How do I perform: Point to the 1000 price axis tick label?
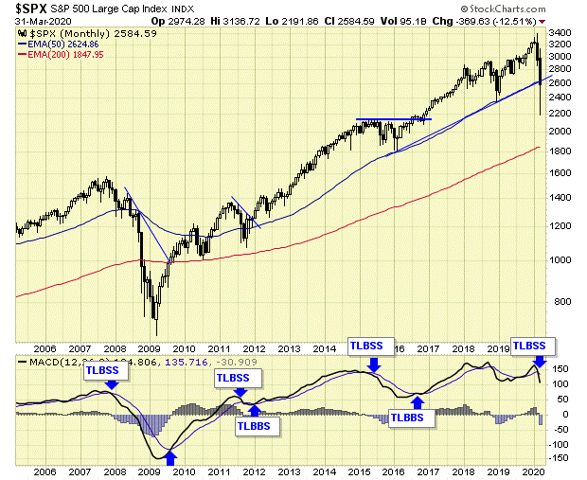click(560, 259)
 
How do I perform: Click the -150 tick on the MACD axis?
click(560, 458)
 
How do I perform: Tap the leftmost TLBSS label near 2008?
click(101, 370)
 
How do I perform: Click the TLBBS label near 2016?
click(407, 418)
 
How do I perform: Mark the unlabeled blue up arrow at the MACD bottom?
click(171, 458)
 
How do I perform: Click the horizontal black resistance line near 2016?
click(393, 119)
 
